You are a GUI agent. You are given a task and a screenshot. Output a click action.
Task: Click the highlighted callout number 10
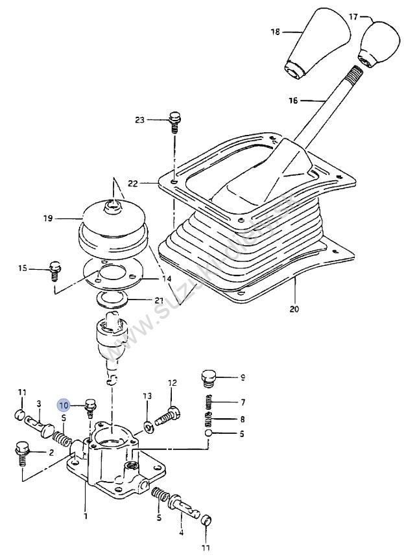tap(64, 406)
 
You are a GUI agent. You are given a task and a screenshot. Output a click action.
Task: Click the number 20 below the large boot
tap(294, 309)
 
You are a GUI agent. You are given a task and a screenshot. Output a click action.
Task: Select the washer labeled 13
tap(149, 425)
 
